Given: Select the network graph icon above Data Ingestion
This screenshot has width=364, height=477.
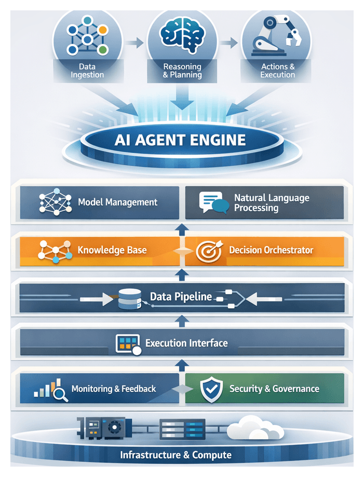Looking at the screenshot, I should point(88,37).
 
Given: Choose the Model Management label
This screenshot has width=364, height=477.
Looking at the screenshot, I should point(117,202).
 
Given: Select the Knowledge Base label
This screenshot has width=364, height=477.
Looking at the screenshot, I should point(112,250).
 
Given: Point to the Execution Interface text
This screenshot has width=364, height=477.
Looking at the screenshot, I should point(186,343).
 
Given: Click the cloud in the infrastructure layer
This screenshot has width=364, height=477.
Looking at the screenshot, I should point(252,430).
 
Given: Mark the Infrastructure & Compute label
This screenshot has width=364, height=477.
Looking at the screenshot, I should point(176,455).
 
